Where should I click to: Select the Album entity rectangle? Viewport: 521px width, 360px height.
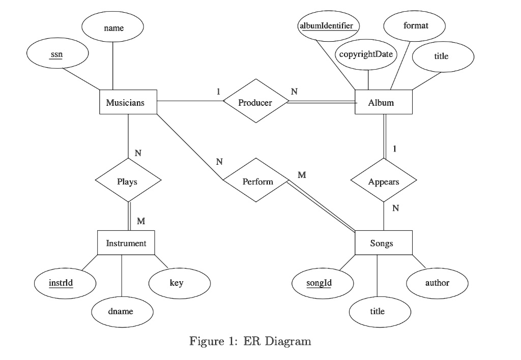[384, 102]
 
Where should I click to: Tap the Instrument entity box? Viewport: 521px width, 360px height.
[126, 243]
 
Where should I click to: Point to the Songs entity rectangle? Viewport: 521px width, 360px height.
[384, 243]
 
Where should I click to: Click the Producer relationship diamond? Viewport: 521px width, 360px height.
[256, 101]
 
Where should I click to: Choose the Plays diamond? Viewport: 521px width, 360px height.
[128, 180]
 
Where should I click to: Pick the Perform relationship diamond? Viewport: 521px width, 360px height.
[256, 180]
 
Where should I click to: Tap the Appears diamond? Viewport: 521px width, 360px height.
[384, 180]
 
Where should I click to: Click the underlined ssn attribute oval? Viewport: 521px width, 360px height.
[57, 53]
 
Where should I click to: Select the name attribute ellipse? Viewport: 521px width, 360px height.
[112, 26]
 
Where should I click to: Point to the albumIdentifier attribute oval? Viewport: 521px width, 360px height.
[328, 26]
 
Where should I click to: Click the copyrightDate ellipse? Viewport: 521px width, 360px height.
[366, 54]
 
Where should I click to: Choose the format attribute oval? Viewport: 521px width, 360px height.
[414, 26]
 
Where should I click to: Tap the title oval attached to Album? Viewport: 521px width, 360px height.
[443, 57]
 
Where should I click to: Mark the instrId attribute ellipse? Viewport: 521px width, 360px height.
[65, 283]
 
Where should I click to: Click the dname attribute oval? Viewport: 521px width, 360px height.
[122, 312]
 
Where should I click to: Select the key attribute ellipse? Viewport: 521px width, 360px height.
[180, 283]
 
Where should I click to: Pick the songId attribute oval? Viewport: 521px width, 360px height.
[323, 283]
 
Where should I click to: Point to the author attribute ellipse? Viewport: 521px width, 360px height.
[437, 283]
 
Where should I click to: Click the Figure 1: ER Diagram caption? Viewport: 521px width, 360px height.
[250, 341]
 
